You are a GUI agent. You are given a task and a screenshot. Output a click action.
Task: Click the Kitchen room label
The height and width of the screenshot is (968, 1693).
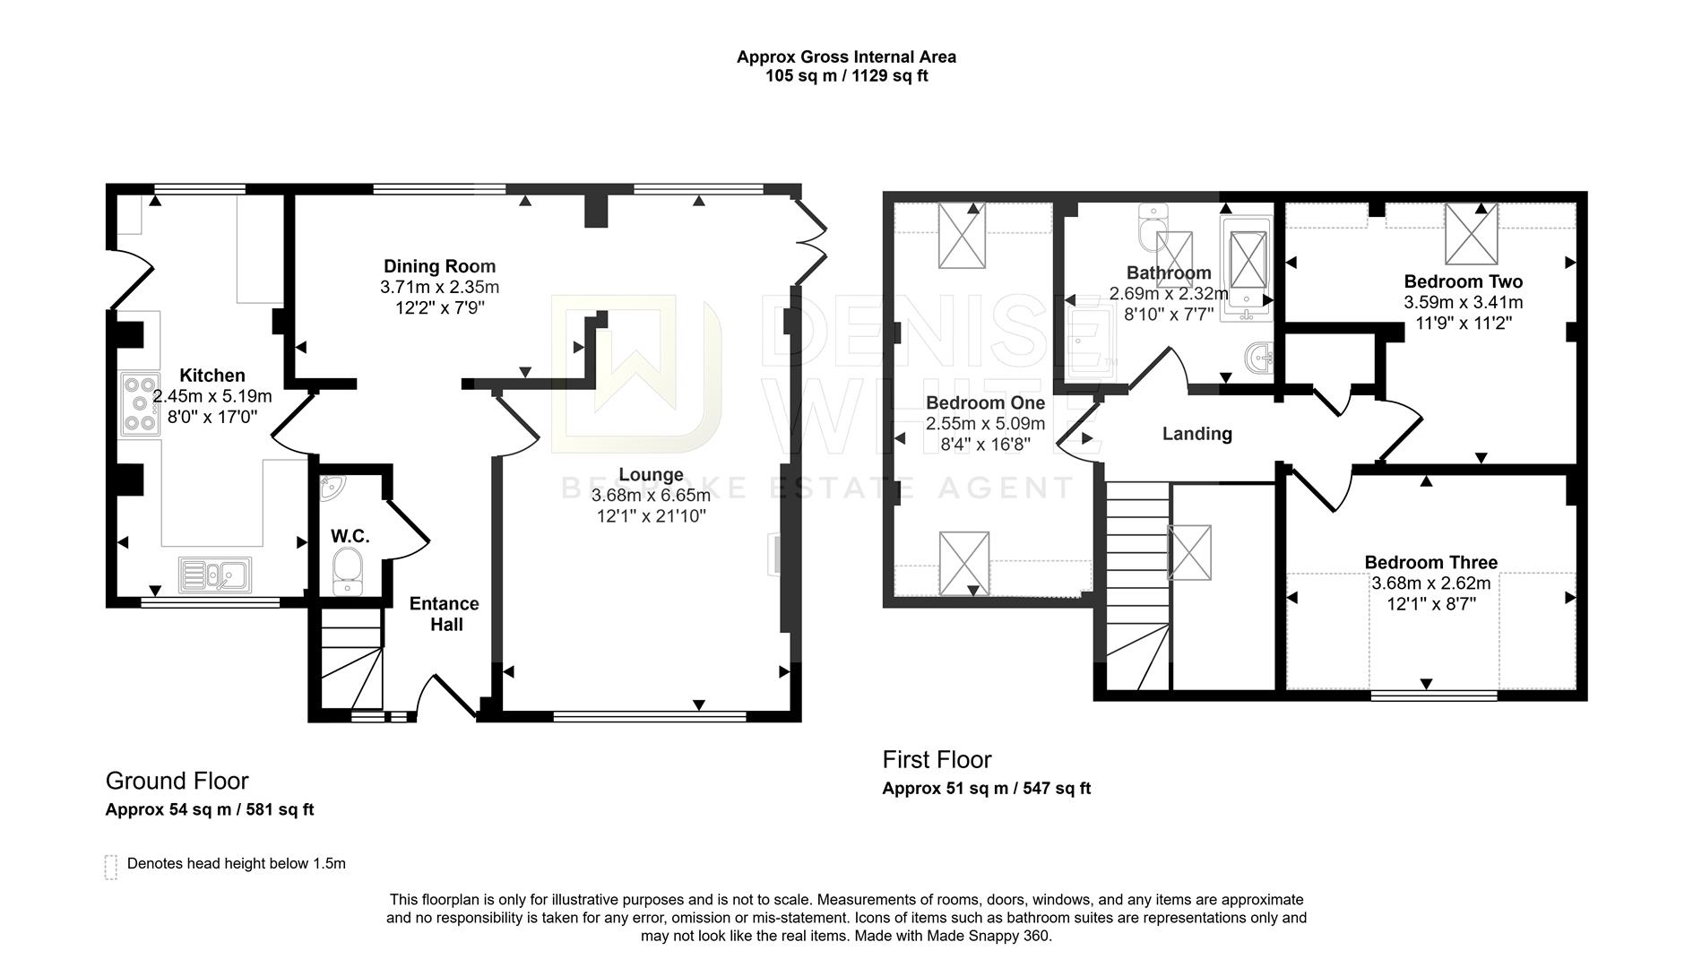(x=212, y=376)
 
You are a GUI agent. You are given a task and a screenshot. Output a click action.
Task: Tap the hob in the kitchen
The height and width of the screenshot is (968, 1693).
(x=140, y=404)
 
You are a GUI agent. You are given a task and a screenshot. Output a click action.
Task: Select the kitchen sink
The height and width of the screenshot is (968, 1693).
(x=215, y=575)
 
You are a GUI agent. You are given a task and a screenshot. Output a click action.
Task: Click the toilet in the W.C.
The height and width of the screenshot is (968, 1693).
(x=347, y=571)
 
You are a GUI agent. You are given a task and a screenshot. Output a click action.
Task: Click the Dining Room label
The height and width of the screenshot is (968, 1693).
(x=439, y=266)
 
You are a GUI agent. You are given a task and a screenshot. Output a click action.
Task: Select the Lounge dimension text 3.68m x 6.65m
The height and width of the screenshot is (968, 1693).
(x=651, y=496)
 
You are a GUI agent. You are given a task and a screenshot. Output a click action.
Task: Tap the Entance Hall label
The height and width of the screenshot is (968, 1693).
(x=445, y=614)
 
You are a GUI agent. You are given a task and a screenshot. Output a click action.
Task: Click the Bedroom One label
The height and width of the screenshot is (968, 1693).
(x=985, y=402)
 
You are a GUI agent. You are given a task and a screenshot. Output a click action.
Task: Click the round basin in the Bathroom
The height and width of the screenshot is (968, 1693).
(x=1261, y=359)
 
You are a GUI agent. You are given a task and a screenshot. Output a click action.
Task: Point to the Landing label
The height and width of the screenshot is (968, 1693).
(x=1196, y=434)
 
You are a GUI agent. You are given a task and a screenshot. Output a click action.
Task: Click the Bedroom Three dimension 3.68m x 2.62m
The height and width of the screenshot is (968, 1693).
(x=1430, y=583)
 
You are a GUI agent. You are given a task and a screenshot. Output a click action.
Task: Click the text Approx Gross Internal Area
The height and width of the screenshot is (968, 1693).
(x=846, y=57)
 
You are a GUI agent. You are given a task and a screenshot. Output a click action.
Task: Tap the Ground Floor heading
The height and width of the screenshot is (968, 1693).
(x=177, y=781)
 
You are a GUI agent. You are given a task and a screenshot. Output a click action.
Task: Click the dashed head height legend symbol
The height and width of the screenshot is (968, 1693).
(x=111, y=866)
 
